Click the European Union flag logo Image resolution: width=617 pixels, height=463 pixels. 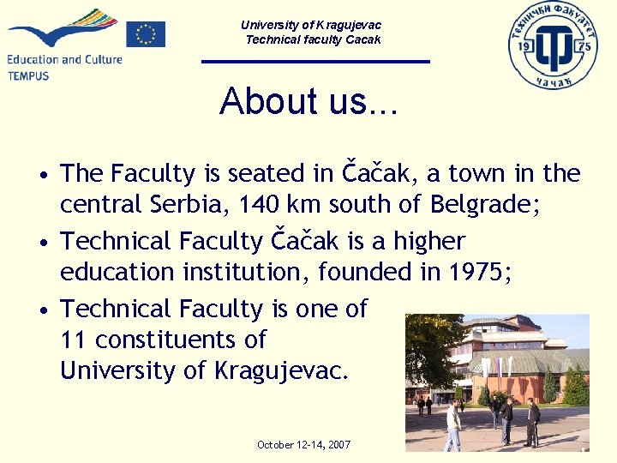pos(146,33)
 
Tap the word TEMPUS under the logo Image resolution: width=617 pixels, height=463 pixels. pos(28,75)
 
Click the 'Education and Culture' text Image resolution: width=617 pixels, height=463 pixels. pos(65,59)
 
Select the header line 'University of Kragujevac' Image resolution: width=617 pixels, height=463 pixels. pos(311,25)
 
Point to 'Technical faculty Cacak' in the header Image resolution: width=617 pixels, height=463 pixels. pos(313,39)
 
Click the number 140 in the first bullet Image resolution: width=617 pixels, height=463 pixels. pos(257,205)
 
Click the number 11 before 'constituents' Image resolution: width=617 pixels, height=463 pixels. pos(74,340)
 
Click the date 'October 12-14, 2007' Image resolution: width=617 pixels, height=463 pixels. pos(304,444)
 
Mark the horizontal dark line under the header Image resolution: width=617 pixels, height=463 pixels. pos(315,61)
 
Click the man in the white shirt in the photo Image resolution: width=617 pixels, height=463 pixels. pos(452,425)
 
